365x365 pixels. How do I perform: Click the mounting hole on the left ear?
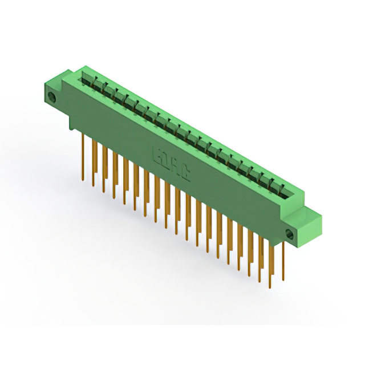[x=53, y=97]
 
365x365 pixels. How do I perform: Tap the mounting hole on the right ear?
[x=289, y=233]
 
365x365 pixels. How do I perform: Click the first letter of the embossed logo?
[x=157, y=154]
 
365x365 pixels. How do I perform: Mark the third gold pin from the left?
[x=104, y=165]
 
